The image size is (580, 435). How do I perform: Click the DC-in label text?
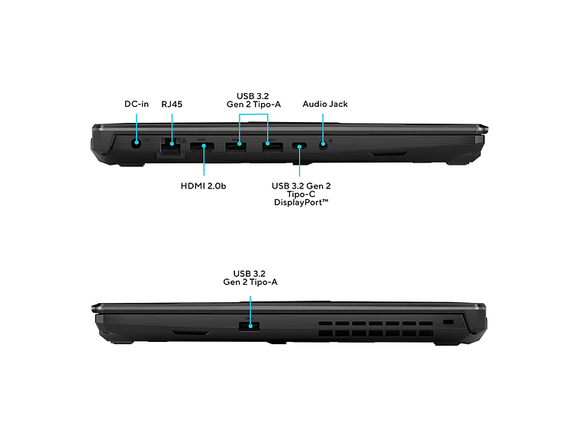coord(137,104)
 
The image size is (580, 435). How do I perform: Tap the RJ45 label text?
coord(172,105)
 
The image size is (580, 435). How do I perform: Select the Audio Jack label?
coord(325,105)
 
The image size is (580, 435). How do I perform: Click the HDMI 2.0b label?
coord(203,185)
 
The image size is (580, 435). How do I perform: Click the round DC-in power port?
coord(137,143)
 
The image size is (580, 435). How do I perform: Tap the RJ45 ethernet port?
coord(171,145)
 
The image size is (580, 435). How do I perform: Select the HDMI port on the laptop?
coord(202,147)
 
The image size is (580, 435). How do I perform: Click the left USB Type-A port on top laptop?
coord(236,147)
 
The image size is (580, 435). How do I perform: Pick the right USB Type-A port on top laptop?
coord(272,147)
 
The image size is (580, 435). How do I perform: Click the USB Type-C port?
coord(299,146)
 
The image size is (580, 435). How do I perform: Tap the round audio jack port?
coord(323,145)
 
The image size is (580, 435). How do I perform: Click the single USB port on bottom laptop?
coord(249,327)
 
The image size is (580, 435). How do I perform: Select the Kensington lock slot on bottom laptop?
coord(448,322)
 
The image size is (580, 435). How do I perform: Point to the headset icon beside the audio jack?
coord(330,141)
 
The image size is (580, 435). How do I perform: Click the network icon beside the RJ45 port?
coord(184,141)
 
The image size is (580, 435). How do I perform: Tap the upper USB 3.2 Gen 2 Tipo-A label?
coord(253,100)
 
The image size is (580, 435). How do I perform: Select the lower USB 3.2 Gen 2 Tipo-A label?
coord(250,278)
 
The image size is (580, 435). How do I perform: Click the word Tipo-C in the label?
coord(301,194)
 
